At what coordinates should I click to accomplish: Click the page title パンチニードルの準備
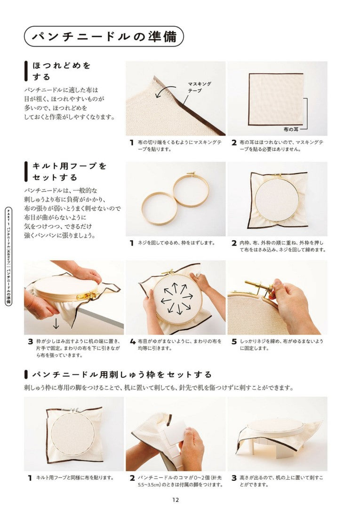104,36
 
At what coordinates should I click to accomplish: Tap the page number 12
176,500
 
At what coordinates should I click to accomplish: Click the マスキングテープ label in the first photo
200,87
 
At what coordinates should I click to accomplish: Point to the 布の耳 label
291,129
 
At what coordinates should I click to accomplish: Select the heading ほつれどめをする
61,71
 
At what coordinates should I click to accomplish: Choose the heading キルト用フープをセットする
69,172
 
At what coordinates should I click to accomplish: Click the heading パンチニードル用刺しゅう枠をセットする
122,375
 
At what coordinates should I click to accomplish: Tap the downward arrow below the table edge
56,323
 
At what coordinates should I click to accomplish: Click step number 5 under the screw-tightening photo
234,342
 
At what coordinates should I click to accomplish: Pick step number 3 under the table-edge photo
31,342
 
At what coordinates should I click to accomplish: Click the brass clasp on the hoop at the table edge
87,295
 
